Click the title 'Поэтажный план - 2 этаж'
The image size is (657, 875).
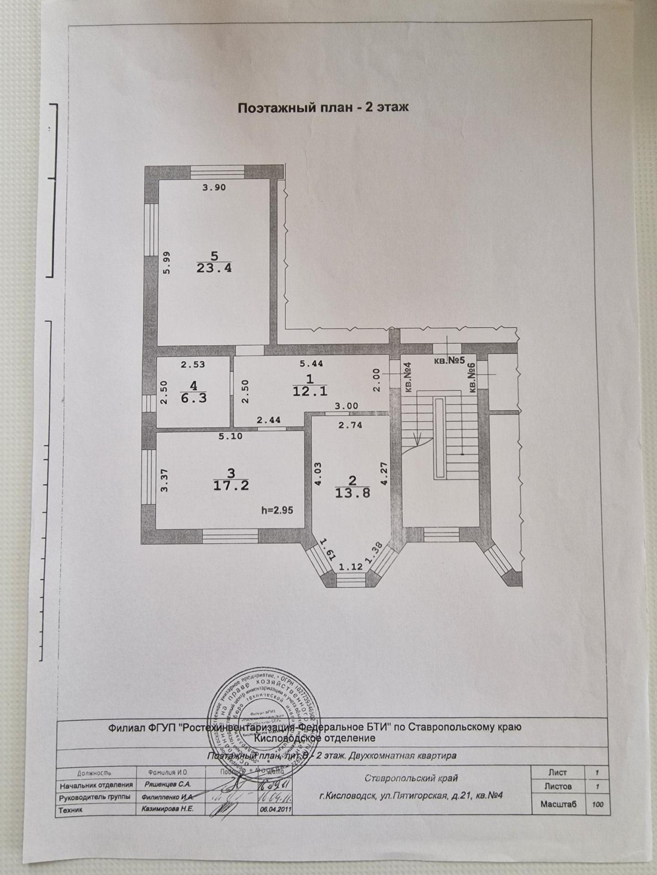[322, 108]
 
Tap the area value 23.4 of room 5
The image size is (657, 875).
[214, 267]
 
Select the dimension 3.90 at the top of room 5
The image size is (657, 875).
[214, 187]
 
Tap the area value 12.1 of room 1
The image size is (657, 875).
[310, 392]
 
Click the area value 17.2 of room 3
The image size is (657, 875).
[231, 486]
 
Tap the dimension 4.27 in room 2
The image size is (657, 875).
[384, 473]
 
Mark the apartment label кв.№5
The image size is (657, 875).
[450, 361]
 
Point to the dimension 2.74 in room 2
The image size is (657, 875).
[349, 425]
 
